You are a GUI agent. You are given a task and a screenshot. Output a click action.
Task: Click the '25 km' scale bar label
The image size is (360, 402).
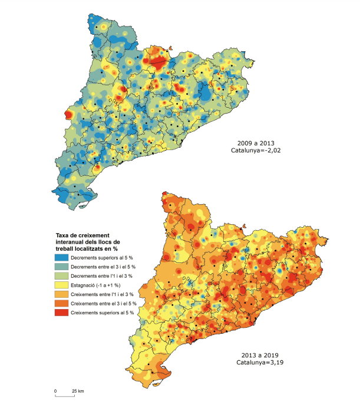point(77,390)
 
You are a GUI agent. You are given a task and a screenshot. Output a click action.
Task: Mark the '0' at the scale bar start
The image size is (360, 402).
point(55,390)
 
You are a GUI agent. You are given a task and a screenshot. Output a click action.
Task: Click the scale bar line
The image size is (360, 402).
point(65,396)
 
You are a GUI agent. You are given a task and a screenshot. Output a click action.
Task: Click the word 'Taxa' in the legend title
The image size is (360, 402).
point(57,234)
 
